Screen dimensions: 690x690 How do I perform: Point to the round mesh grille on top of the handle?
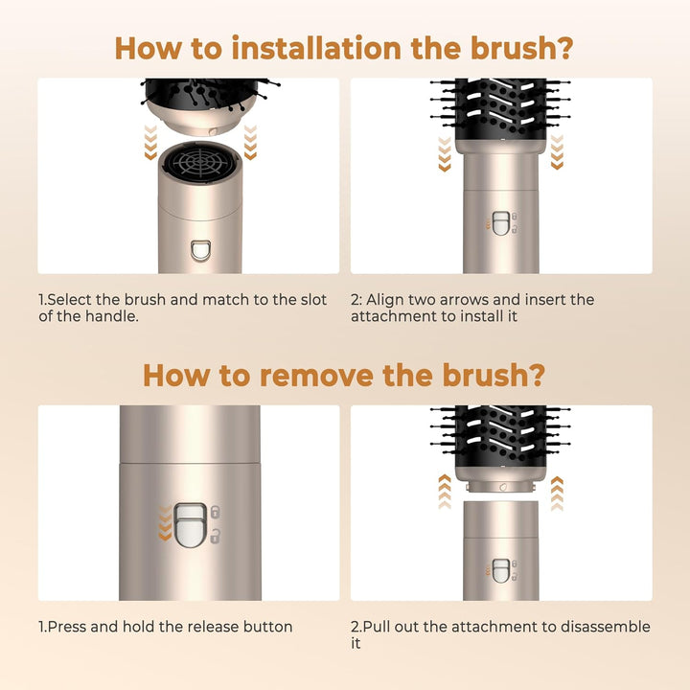click(x=197, y=163)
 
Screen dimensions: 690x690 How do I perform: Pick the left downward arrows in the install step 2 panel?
click(x=444, y=154)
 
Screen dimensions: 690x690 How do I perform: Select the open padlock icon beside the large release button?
click(x=218, y=535)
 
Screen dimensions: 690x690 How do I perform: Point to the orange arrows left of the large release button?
click(x=165, y=523)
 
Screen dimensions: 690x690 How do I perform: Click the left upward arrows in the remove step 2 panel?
click(x=445, y=491)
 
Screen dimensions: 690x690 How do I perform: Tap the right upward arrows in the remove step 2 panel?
click(x=557, y=491)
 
